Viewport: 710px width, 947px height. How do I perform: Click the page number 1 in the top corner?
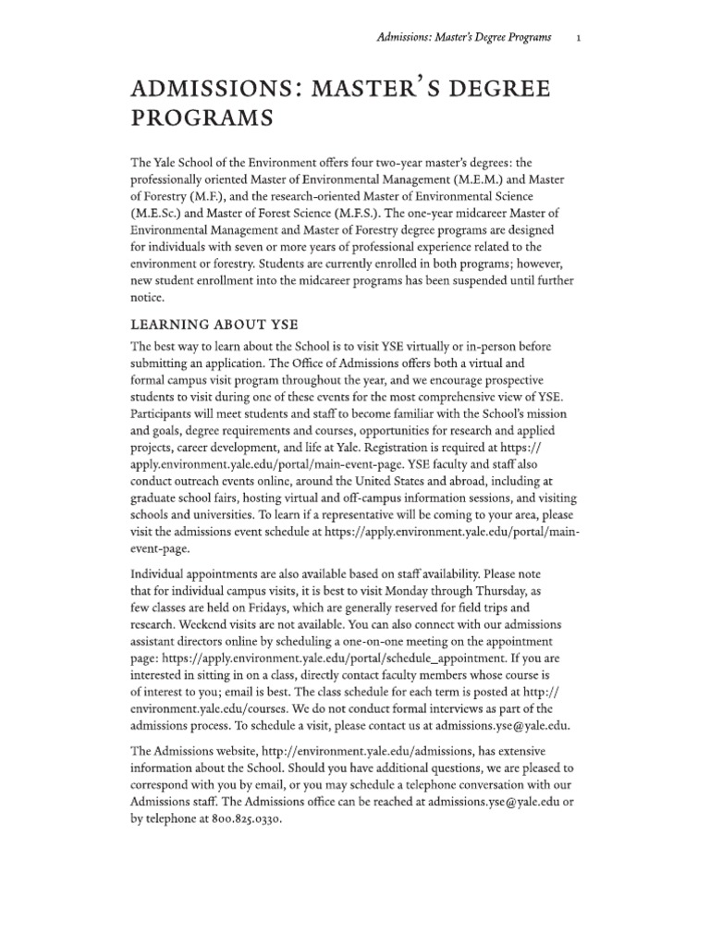(x=577, y=37)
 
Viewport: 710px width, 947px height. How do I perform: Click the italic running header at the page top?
(x=465, y=37)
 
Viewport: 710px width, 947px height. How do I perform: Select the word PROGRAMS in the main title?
(x=202, y=118)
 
